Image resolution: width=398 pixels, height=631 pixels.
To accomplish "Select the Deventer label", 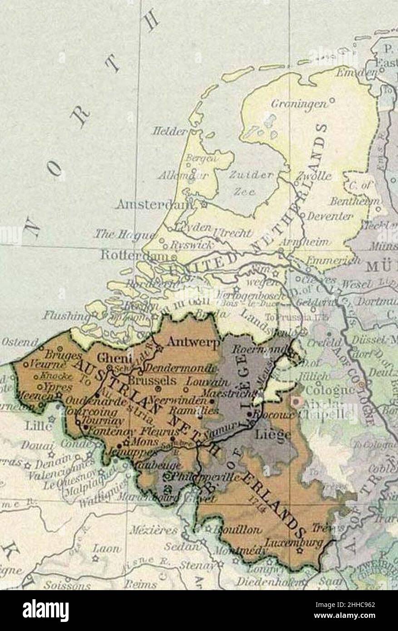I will (329, 216).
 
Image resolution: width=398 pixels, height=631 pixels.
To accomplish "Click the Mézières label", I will (147, 530).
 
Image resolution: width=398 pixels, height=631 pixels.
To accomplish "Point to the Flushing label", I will (64, 315).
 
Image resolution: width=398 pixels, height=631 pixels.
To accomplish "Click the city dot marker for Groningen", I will (332, 99).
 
